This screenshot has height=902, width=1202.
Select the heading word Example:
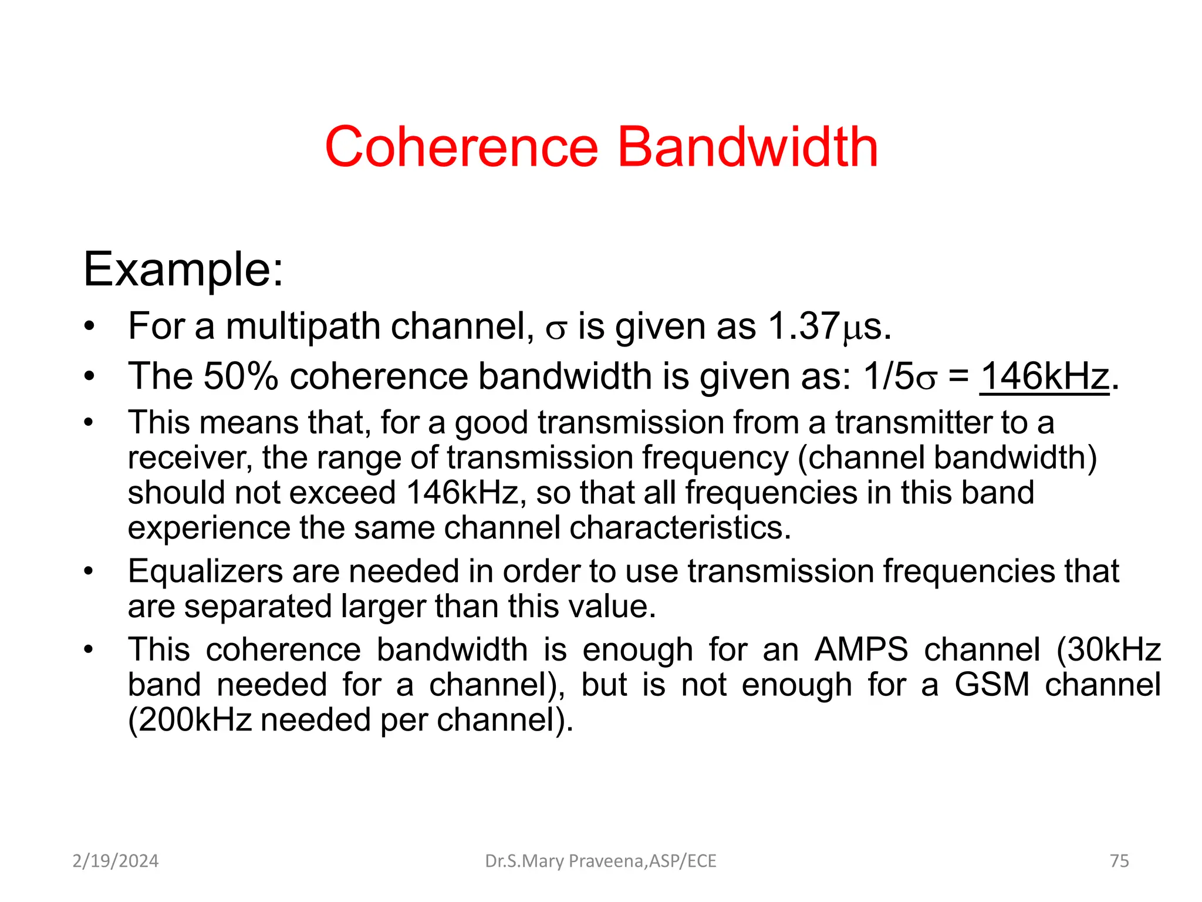(x=183, y=270)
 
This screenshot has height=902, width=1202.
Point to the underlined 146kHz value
(x=1045, y=376)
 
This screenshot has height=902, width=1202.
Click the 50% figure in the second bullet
(x=241, y=376)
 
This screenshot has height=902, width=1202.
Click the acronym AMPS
(x=861, y=650)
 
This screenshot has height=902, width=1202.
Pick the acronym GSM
(x=992, y=685)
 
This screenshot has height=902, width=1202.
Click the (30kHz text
(x=1109, y=650)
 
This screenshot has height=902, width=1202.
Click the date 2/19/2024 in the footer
(x=116, y=861)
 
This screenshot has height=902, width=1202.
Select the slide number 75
(x=1119, y=861)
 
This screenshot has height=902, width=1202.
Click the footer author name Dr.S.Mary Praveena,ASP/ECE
(x=600, y=861)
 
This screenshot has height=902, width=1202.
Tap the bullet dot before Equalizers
(x=89, y=571)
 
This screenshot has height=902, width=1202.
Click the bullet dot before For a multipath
(x=89, y=326)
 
